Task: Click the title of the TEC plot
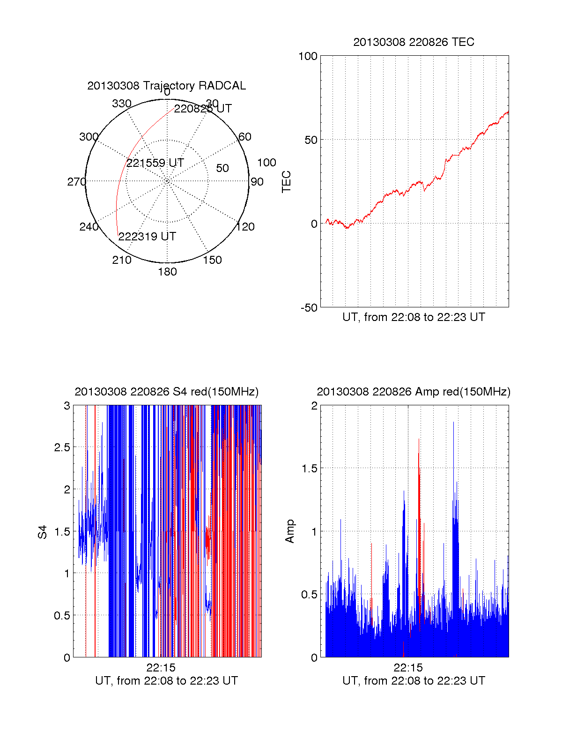(414, 42)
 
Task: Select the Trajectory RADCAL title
(166, 86)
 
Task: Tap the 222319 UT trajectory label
(147, 237)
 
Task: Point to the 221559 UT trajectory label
(155, 163)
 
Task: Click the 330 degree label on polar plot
(122, 104)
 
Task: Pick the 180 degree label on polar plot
(167, 272)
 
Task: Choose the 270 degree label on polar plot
(76, 182)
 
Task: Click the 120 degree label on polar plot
(245, 227)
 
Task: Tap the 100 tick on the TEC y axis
(308, 56)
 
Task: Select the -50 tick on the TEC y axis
(309, 308)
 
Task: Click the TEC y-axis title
(286, 182)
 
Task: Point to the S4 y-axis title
(43, 532)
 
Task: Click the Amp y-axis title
(290, 531)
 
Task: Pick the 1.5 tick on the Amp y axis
(308, 469)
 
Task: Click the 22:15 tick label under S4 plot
(161, 668)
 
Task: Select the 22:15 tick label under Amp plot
(408, 668)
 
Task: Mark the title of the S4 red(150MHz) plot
(166, 392)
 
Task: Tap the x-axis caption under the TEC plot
(414, 317)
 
